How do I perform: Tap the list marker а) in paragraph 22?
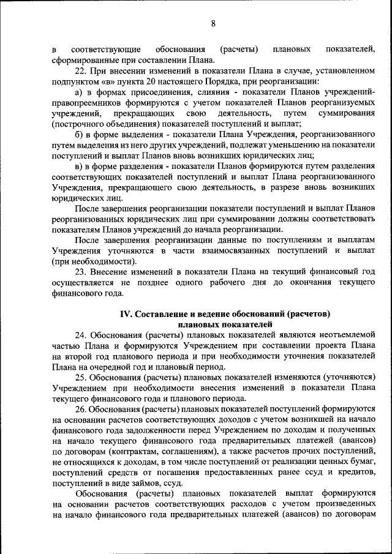pos(78,92)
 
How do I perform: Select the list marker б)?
pos(78,134)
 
